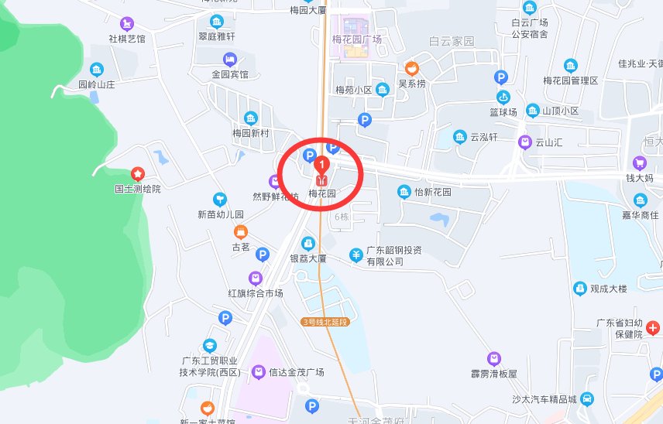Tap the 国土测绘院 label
pos(138,189)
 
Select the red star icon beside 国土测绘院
pos(138,173)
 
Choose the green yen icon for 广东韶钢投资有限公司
pos(356,254)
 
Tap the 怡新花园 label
pos(432,192)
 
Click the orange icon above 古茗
pos(241,231)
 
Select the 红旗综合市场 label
pos(256,293)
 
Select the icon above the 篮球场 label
pos(503,97)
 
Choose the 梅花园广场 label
pos(356,39)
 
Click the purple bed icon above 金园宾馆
pos(230,59)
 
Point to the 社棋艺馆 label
pos(127,39)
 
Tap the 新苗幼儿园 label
pos(221,214)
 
